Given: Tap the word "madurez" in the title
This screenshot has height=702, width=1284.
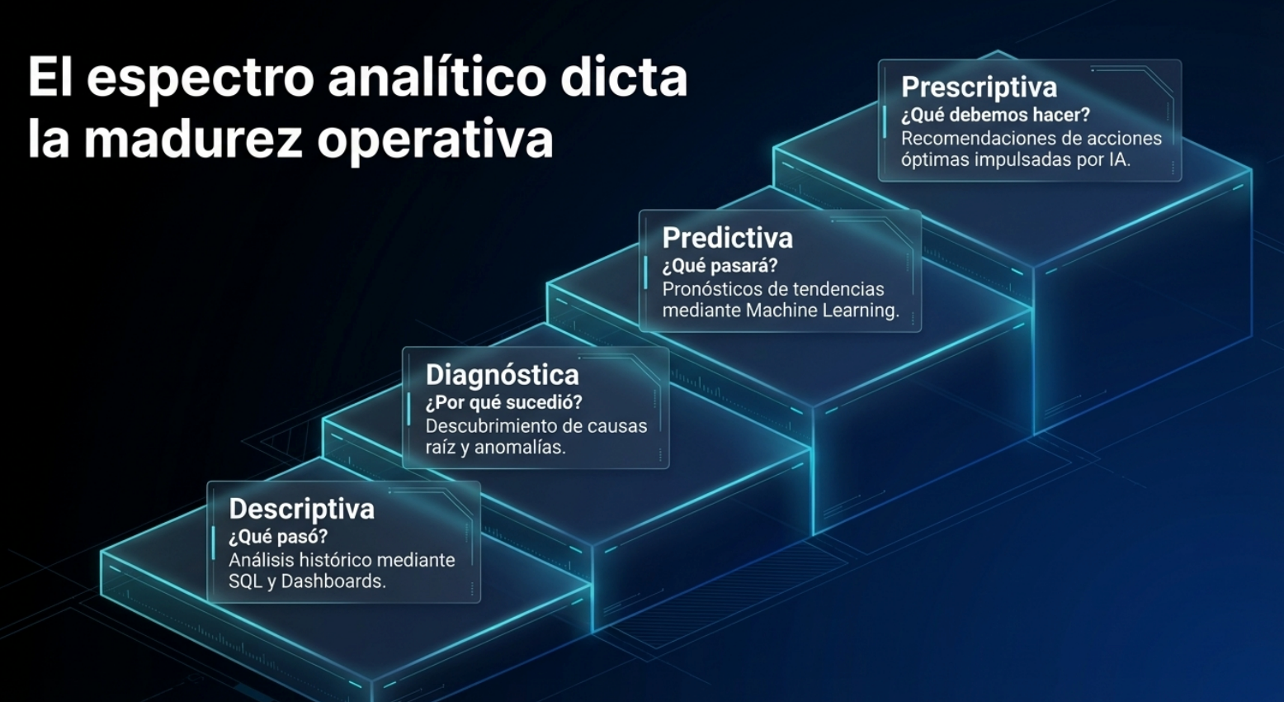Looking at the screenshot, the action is pyautogui.click(x=192, y=140).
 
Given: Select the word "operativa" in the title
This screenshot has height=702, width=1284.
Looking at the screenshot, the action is pyautogui.click(x=435, y=142).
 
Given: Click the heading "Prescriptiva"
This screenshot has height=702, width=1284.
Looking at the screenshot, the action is pyautogui.click(x=979, y=88).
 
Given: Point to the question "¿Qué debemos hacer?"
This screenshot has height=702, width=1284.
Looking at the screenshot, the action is pyautogui.click(x=996, y=116).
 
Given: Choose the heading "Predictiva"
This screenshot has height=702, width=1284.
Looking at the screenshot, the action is pyautogui.click(x=728, y=238).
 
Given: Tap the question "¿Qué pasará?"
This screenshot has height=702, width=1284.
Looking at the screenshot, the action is pyautogui.click(x=720, y=266).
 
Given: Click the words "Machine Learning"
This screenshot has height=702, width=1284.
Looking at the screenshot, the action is pyautogui.click(x=822, y=311).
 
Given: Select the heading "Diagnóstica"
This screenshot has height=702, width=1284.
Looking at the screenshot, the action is pyautogui.click(x=503, y=375).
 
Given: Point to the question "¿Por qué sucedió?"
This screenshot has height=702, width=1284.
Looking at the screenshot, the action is pyautogui.click(x=503, y=403).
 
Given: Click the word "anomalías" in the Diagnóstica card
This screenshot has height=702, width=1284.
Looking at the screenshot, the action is pyautogui.click(x=520, y=448).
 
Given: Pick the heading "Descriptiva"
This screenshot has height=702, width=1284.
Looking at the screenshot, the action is pyautogui.click(x=301, y=509).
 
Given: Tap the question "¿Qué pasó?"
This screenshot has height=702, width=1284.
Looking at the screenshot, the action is pyautogui.click(x=278, y=537).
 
